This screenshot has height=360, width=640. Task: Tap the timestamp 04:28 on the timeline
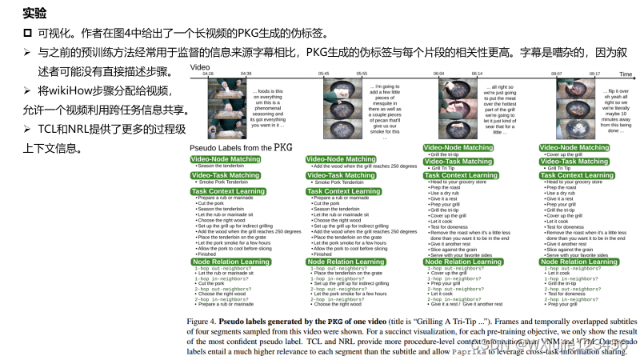tap(208, 74)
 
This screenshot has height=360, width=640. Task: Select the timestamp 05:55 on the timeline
tap(362, 74)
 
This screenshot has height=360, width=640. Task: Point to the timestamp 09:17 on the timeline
tap(594, 74)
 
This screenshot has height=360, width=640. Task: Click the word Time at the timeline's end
tap(625, 74)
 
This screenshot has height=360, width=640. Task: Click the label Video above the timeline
tap(199, 68)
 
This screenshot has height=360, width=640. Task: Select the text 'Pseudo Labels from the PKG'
tap(241, 148)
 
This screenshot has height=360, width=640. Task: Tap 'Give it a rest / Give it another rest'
tap(465, 304)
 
